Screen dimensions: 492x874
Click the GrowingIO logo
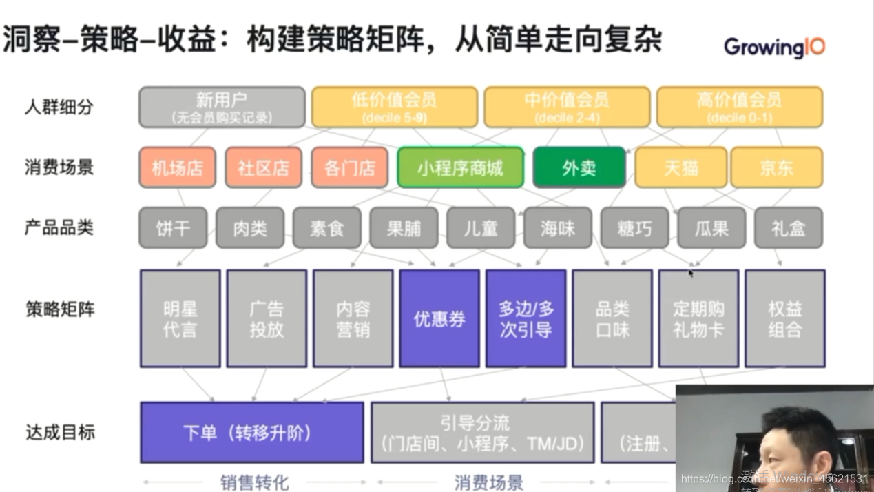tap(773, 47)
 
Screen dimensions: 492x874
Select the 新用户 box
tap(222, 107)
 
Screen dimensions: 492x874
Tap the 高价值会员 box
tap(739, 107)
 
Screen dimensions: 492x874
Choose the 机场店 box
tap(178, 167)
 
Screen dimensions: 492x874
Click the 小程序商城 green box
tap(460, 167)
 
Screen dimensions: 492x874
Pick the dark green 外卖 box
tap(579, 167)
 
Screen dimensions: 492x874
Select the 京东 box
tap(776, 167)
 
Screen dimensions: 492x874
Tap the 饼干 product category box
tap(173, 228)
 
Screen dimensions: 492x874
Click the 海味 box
tap(557, 228)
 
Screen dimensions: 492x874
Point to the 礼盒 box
tap(788, 228)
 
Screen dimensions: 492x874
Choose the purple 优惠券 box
tap(439, 318)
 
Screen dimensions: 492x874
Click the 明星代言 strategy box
tap(180, 318)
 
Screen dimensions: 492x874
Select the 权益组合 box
tap(784, 318)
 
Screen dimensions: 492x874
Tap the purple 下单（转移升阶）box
tap(251, 433)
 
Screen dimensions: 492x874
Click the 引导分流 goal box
tap(482, 433)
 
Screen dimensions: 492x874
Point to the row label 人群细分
tap(59, 107)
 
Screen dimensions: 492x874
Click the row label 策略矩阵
tap(59, 309)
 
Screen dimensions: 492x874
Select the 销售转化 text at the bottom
tap(255, 482)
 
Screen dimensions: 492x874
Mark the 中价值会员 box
tap(567, 107)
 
